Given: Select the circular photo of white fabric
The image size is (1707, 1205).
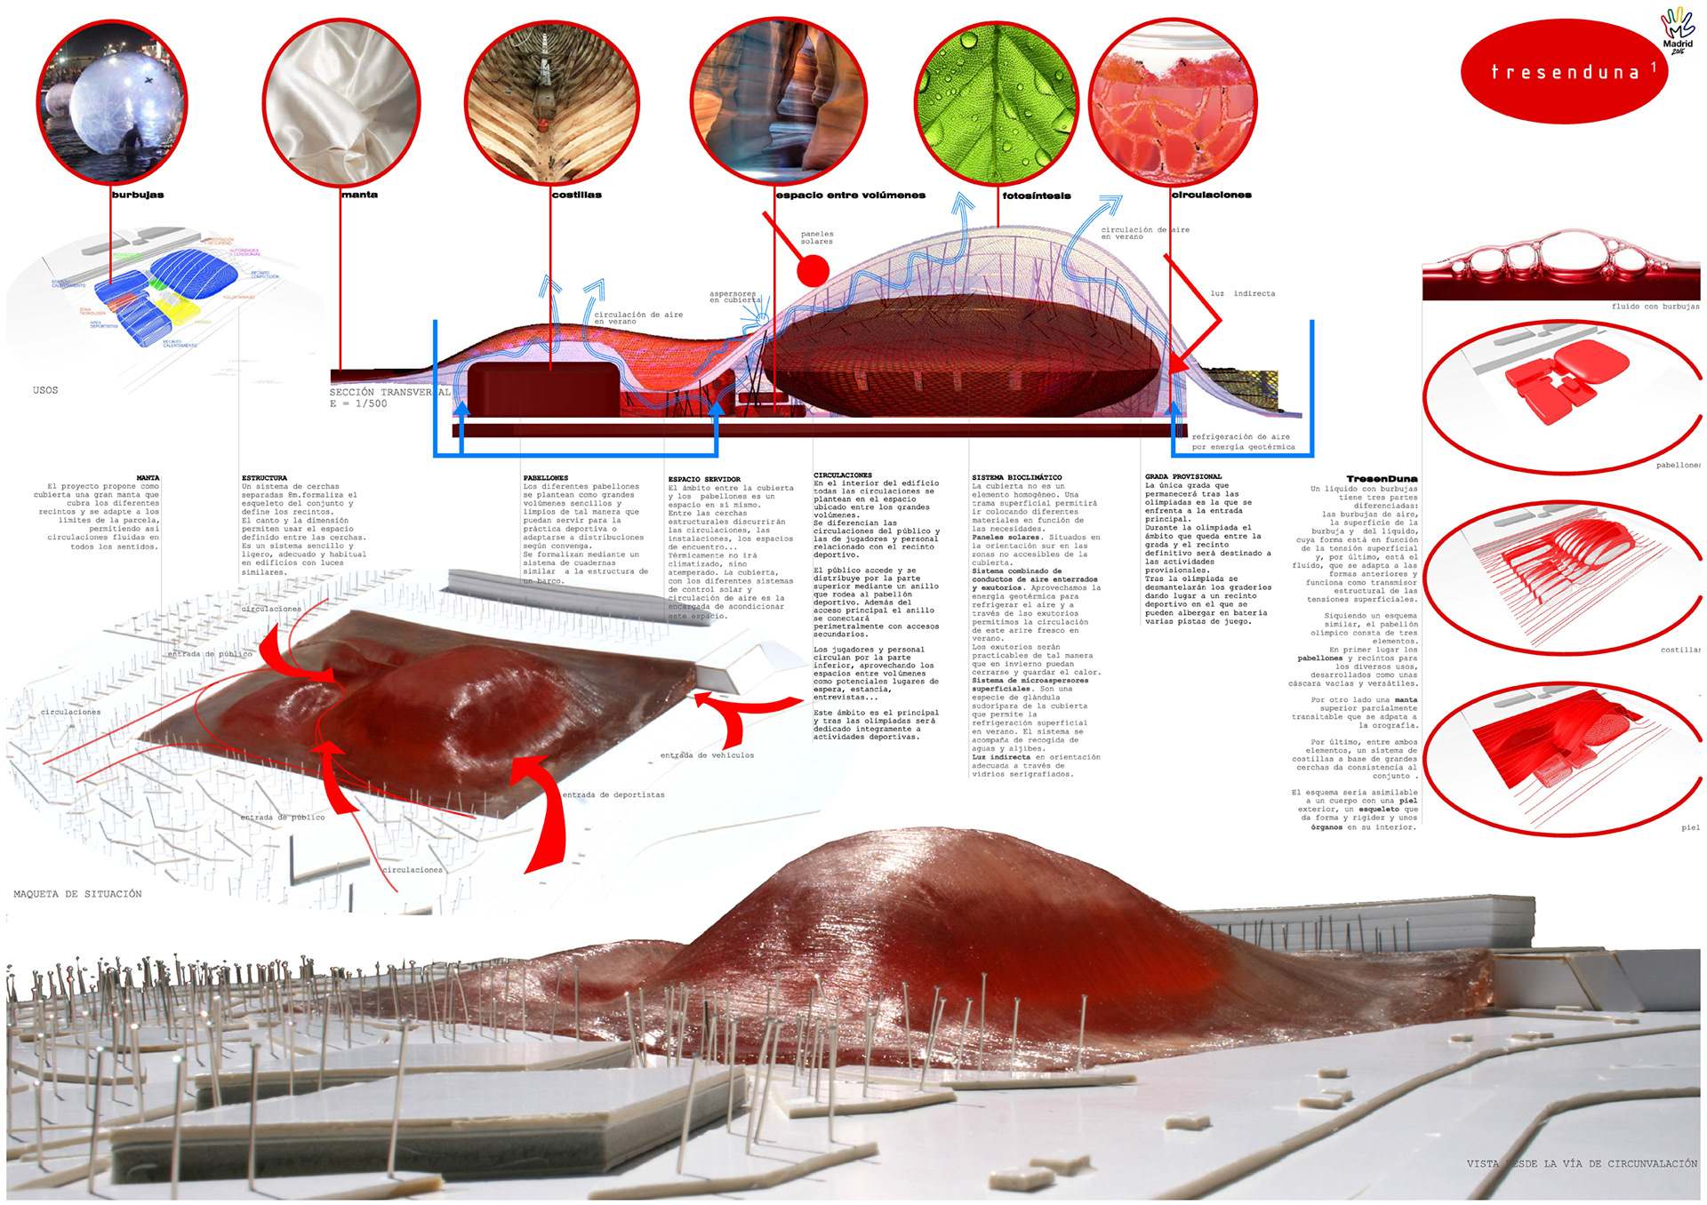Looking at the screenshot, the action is tap(341, 102).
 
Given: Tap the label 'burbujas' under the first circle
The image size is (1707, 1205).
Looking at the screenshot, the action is tap(138, 195).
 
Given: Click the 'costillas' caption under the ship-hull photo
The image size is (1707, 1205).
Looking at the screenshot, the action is tap(576, 195).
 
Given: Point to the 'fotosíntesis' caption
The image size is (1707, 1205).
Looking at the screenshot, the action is tap(1037, 196).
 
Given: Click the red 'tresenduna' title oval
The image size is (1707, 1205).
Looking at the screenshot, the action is tap(1565, 72).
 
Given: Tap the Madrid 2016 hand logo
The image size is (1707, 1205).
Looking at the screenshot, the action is tap(1678, 30).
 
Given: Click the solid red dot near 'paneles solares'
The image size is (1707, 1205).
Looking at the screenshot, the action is tap(813, 270).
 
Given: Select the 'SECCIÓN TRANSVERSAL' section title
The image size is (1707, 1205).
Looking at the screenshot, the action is tap(389, 392).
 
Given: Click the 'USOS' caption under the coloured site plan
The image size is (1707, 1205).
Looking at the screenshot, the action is tap(45, 390).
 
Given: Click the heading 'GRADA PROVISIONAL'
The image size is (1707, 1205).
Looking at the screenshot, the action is tap(1183, 477).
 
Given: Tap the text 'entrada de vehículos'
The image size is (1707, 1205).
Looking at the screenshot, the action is tap(707, 755).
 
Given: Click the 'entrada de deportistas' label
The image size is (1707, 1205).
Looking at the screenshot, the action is tap(613, 794).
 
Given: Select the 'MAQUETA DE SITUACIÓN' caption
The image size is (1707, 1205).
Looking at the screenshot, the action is tap(77, 894).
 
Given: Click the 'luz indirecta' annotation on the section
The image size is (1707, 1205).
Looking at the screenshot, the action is tap(1242, 293).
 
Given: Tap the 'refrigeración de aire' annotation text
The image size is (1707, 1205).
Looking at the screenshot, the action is tap(1240, 437).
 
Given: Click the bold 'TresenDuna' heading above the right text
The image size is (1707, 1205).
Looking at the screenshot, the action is tap(1382, 479).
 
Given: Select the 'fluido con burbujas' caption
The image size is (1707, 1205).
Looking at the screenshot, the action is tap(1655, 307).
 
